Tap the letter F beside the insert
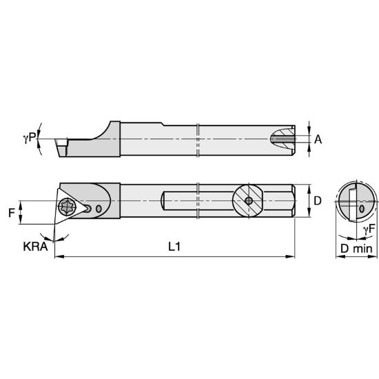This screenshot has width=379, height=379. tap(12, 213)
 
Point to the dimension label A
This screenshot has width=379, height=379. tap(318, 139)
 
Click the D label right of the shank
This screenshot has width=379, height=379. tap(318, 201)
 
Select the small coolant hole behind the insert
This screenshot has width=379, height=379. tap(101, 209)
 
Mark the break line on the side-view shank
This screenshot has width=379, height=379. tap(198, 141)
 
